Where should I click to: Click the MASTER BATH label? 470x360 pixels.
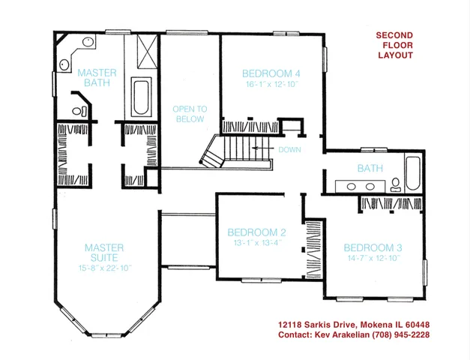pyautogui.click(x=97, y=77)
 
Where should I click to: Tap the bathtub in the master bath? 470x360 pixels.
pyautogui.click(x=141, y=95)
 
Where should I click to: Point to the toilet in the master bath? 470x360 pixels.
pyautogui.click(x=80, y=111)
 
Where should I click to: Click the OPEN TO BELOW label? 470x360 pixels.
pyautogui.click(x=190, y=113)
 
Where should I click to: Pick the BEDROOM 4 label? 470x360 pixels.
pyautogui.click(x=271, y=73)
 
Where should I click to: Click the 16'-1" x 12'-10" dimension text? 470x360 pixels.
pyautogui.click(x=271, y=85)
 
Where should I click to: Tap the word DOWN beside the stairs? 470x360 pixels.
pyautogui.click(x=289, y=149)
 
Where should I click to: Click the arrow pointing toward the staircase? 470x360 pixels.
pyautogui.click(x=262, y=149)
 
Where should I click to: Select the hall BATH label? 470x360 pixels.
pyautogui.click(x=370, y=169)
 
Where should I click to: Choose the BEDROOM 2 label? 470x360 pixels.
pyautogui.click(x=256, y=232)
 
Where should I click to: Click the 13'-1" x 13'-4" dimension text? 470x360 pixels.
pyautogui.click(x=256, y=242)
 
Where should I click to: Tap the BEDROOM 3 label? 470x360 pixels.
pyautogui.click(x=373, y=247)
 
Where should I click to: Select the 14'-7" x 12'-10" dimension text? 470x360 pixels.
pyautogui.click(x=373, y=258)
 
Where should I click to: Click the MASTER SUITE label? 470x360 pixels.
pyautogui.click(x=104, y=253)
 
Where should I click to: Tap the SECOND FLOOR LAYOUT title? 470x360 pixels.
pyautogui.click(x=395, y=45)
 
